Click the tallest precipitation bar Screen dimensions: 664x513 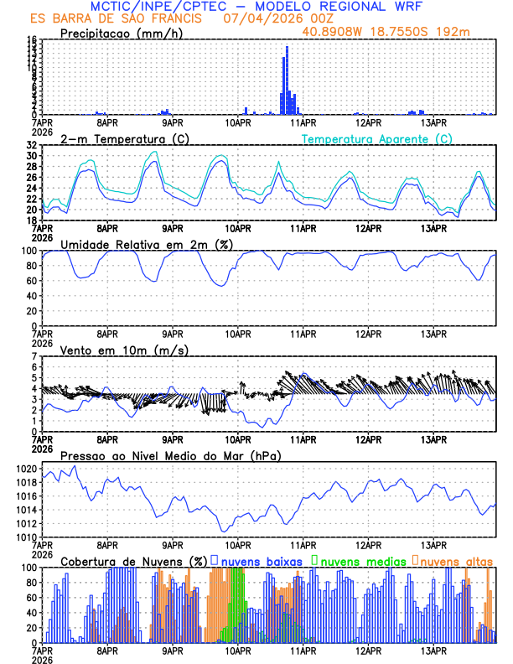click(287, 80)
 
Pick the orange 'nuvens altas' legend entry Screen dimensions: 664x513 click(455, 559)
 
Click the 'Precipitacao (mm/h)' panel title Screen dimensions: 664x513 click(120, 34)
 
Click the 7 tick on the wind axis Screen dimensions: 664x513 click(35, 357)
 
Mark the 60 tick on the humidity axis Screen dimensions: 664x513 click(32, 281)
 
